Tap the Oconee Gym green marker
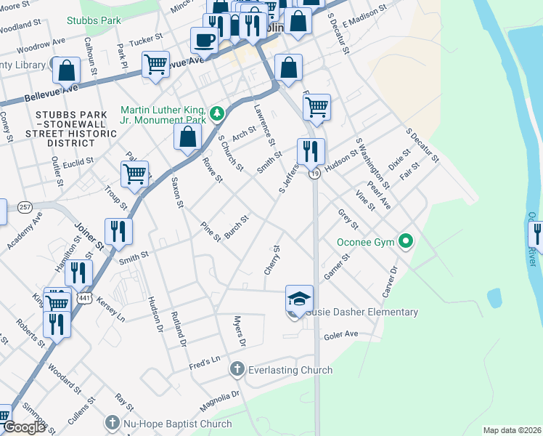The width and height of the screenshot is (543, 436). (x=407, y=242)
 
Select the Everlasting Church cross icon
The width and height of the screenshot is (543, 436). (x=236, y=370)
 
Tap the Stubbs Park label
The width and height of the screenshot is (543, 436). (x=94, y=21)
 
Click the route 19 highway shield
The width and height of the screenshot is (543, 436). (x=314, y=174)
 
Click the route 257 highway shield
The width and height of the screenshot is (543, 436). (x=25, y=206)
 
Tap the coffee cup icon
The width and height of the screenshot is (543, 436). (x=204, y=39)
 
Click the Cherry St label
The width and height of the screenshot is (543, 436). (x=272, y=259)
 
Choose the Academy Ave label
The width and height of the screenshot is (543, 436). (x=25, y=230)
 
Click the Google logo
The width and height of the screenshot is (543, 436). (x=23, y=427)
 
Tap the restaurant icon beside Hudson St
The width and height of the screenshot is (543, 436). (x=311, y=151)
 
